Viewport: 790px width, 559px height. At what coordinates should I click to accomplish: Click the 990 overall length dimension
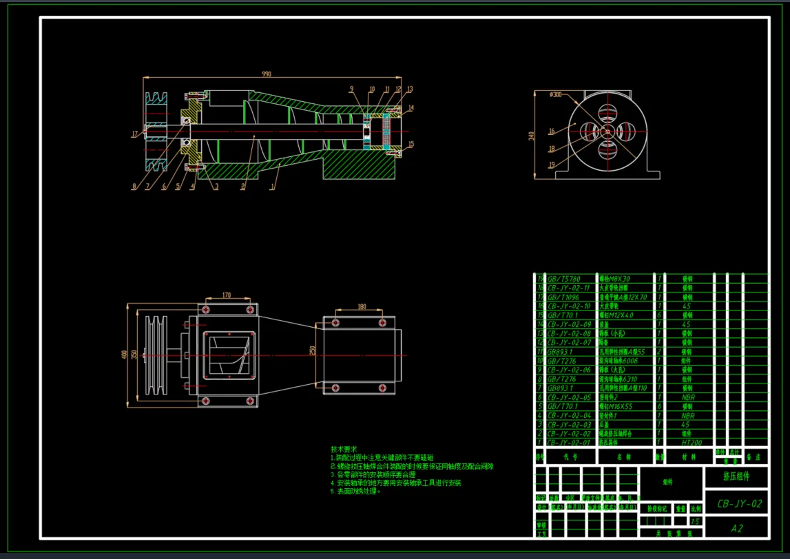(x=267, y=74)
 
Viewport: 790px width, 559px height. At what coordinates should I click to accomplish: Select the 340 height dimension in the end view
(x=531, y=136)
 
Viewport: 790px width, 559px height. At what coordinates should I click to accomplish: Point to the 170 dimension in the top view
(x=226, y=295)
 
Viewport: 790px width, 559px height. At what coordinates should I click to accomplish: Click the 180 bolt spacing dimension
(x=362, y=307)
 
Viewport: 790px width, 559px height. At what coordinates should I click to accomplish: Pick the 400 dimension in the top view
(x=124, y=355)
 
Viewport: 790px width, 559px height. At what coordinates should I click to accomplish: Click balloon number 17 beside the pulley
(x=135, y=134)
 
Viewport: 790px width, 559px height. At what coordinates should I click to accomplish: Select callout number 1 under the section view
(x=273, y=186)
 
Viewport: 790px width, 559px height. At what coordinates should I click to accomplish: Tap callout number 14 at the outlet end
(x=410, y=108)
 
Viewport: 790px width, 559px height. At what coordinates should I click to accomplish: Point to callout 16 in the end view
(x=551, y=131)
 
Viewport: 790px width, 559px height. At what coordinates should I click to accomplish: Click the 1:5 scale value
(x=694, y=522)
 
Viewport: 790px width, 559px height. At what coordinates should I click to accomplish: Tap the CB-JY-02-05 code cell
(x=568, y=397)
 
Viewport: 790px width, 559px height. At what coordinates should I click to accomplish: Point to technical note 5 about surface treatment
(x=355, y=492)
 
